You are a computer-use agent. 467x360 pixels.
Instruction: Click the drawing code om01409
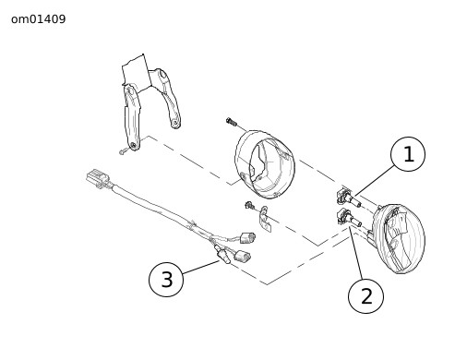click(x=39, y=19)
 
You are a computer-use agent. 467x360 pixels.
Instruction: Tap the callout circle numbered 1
click(x=408, y=154)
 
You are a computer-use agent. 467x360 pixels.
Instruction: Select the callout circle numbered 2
click(x=365, y=296)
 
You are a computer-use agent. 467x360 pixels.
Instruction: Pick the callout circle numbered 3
click(x=166, y=280)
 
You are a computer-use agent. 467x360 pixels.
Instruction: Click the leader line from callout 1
click(x=374, y=180)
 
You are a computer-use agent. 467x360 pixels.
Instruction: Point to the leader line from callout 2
click(x=356, y=254)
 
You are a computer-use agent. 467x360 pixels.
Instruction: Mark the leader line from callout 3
click(x=201, y=267)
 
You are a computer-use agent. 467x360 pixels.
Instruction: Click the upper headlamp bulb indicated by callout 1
click(x=349, y=198)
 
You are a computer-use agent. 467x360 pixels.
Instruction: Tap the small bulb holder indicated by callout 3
click(x=222, y=255)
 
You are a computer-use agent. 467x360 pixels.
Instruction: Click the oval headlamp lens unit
click(x=400, y=238)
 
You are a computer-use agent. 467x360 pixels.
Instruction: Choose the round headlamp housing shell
click(x=265, y=164)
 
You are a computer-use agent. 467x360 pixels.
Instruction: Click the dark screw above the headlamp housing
click(x=232, y=122)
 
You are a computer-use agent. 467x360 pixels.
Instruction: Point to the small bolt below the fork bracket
click(x=123, y=151)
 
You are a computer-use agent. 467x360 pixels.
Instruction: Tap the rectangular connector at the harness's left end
click(x=98, y=178)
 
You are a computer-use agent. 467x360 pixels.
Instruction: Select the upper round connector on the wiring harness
click(x=247, y=238)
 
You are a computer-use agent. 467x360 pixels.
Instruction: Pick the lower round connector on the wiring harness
click(x=243, y=256)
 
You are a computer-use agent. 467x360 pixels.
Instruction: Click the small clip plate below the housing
click(x=265, y=219)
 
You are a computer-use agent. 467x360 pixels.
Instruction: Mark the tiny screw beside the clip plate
click(x=249, y=205)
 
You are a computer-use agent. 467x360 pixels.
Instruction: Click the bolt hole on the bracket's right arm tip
click(x=175, y=123)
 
